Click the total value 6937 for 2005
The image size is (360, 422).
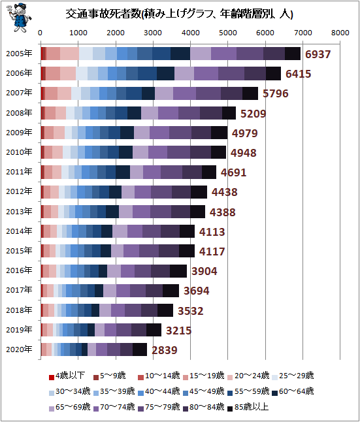pos(318,54)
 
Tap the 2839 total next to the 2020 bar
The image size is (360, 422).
pos(165,350)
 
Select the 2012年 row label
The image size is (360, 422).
pos(19,191)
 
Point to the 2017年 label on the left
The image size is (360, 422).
pos(19,290)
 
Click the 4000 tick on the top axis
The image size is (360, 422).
pos(190,33)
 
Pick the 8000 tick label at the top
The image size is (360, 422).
pos(340,33)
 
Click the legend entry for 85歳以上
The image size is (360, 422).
pos(248,407)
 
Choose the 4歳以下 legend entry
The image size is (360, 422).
pos(67,376)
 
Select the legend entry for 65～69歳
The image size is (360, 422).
pos(69,407)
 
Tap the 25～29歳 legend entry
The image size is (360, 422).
pos(293,376)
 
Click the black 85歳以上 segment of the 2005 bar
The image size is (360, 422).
pos(293,54)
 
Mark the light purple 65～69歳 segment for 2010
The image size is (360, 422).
pos(140,152)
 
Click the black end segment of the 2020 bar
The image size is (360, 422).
pos(140,349)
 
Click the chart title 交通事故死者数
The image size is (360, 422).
pos(103,14)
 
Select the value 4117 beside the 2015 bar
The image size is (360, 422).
pos(212,252)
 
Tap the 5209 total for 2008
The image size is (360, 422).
pos(253,114)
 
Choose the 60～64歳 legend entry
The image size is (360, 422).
pos(293,391)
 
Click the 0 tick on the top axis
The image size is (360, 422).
pos(40,33)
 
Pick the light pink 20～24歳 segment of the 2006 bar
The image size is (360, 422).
pos(68,73)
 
